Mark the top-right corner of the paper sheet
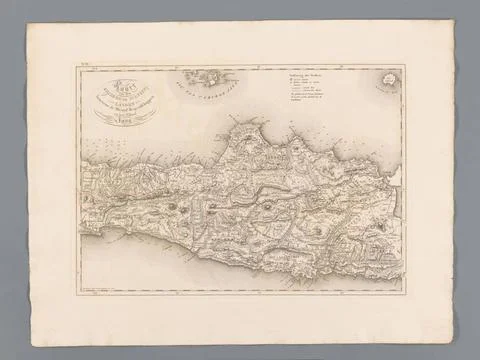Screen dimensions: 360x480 [455, 20]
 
